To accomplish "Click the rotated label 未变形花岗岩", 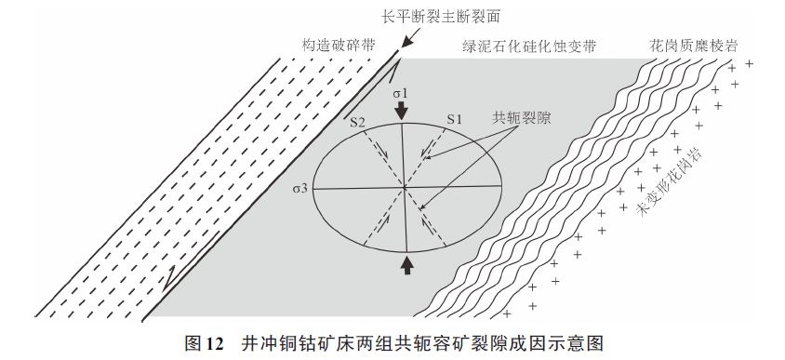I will coord(668,180).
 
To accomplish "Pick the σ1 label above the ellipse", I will coord(400,93).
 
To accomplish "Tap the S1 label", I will coord(454,119).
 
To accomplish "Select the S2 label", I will coord(358,121).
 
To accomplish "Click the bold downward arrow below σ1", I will coord(401,112).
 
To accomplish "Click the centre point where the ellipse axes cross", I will coord(405,188).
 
